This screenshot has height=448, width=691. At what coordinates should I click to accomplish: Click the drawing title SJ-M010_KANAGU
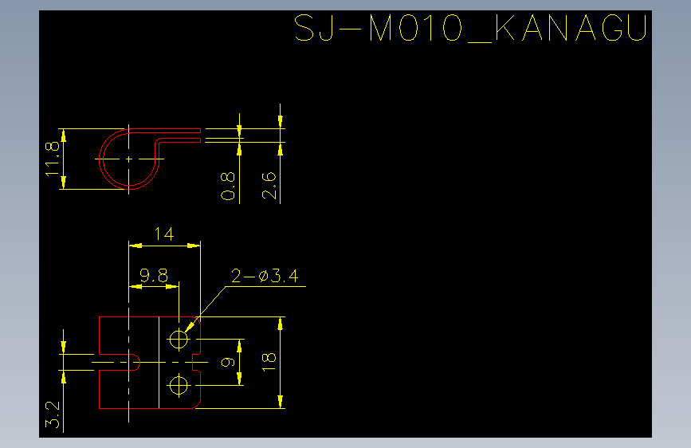coord(470,28)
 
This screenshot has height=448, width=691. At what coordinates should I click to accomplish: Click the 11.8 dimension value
coord(53,159)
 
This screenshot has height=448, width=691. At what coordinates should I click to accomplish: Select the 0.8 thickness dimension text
coord(228,186)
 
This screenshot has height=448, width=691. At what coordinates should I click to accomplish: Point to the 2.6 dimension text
coord(269,185)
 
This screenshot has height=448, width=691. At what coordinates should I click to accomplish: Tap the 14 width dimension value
coord(164,234)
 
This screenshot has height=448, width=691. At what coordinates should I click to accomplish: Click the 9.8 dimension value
coord(154,276)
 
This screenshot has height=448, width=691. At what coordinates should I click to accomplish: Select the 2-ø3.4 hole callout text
coord(265,276)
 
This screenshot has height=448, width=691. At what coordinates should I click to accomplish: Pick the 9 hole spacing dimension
coord(228,363)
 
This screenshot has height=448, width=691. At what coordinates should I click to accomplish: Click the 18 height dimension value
coord(269,363)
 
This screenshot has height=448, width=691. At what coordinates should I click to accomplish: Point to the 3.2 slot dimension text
coord(53,414)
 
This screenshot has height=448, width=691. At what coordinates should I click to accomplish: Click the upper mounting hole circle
coord(179,339)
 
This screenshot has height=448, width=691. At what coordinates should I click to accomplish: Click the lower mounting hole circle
coord(179,385)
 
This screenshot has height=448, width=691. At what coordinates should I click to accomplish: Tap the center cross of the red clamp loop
coord(128,159)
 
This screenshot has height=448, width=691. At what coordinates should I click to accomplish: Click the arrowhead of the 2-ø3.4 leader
coord(189,327)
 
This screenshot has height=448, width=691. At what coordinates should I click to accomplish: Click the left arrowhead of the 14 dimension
coord(135,246)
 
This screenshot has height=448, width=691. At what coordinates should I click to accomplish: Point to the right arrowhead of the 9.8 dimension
coord(172,287)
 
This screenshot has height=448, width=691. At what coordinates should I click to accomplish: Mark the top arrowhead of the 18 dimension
coord(281,324)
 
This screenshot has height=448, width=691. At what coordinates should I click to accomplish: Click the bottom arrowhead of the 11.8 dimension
coord(64,183)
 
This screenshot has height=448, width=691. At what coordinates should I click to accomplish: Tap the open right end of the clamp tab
coord(200,136)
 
